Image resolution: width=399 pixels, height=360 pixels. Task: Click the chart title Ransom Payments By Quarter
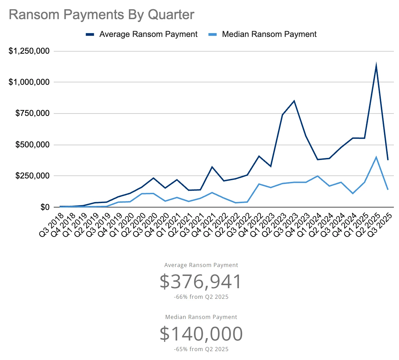pos(102,15)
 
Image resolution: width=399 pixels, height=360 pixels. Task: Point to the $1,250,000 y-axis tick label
pos(29,51)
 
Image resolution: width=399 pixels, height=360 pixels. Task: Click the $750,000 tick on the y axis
pos(33,114)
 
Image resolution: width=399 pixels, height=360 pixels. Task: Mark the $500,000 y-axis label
pos(33,145)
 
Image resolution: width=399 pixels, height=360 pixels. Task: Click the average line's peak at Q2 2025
pos(376,65)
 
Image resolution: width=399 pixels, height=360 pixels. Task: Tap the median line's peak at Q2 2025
pos(376,157)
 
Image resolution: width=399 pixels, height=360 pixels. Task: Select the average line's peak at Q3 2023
pos(294,101)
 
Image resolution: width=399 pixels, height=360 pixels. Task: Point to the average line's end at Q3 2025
pos(388,160)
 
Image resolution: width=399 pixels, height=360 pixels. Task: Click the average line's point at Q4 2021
pos(212,167)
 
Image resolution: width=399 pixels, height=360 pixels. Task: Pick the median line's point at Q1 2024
pos(318,176)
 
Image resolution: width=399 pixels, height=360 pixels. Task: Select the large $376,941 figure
pos(201,281)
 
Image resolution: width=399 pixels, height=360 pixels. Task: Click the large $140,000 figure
pos(201,334)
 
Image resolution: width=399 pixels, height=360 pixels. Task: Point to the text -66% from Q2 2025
pos(201,297)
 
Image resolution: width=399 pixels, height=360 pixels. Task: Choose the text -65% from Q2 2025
pos(201,349)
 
